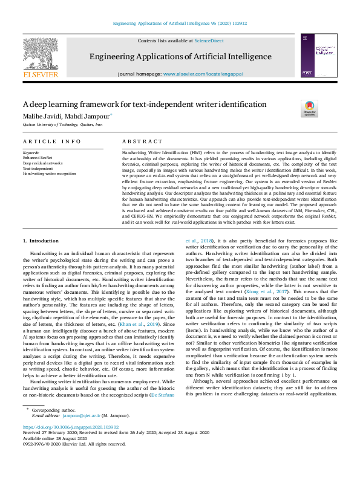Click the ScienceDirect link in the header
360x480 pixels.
tap(209, 41)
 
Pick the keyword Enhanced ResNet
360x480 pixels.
tap(38, 158)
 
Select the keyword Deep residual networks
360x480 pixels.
tap(43, 163)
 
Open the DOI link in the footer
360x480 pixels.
tap(70, 427)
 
